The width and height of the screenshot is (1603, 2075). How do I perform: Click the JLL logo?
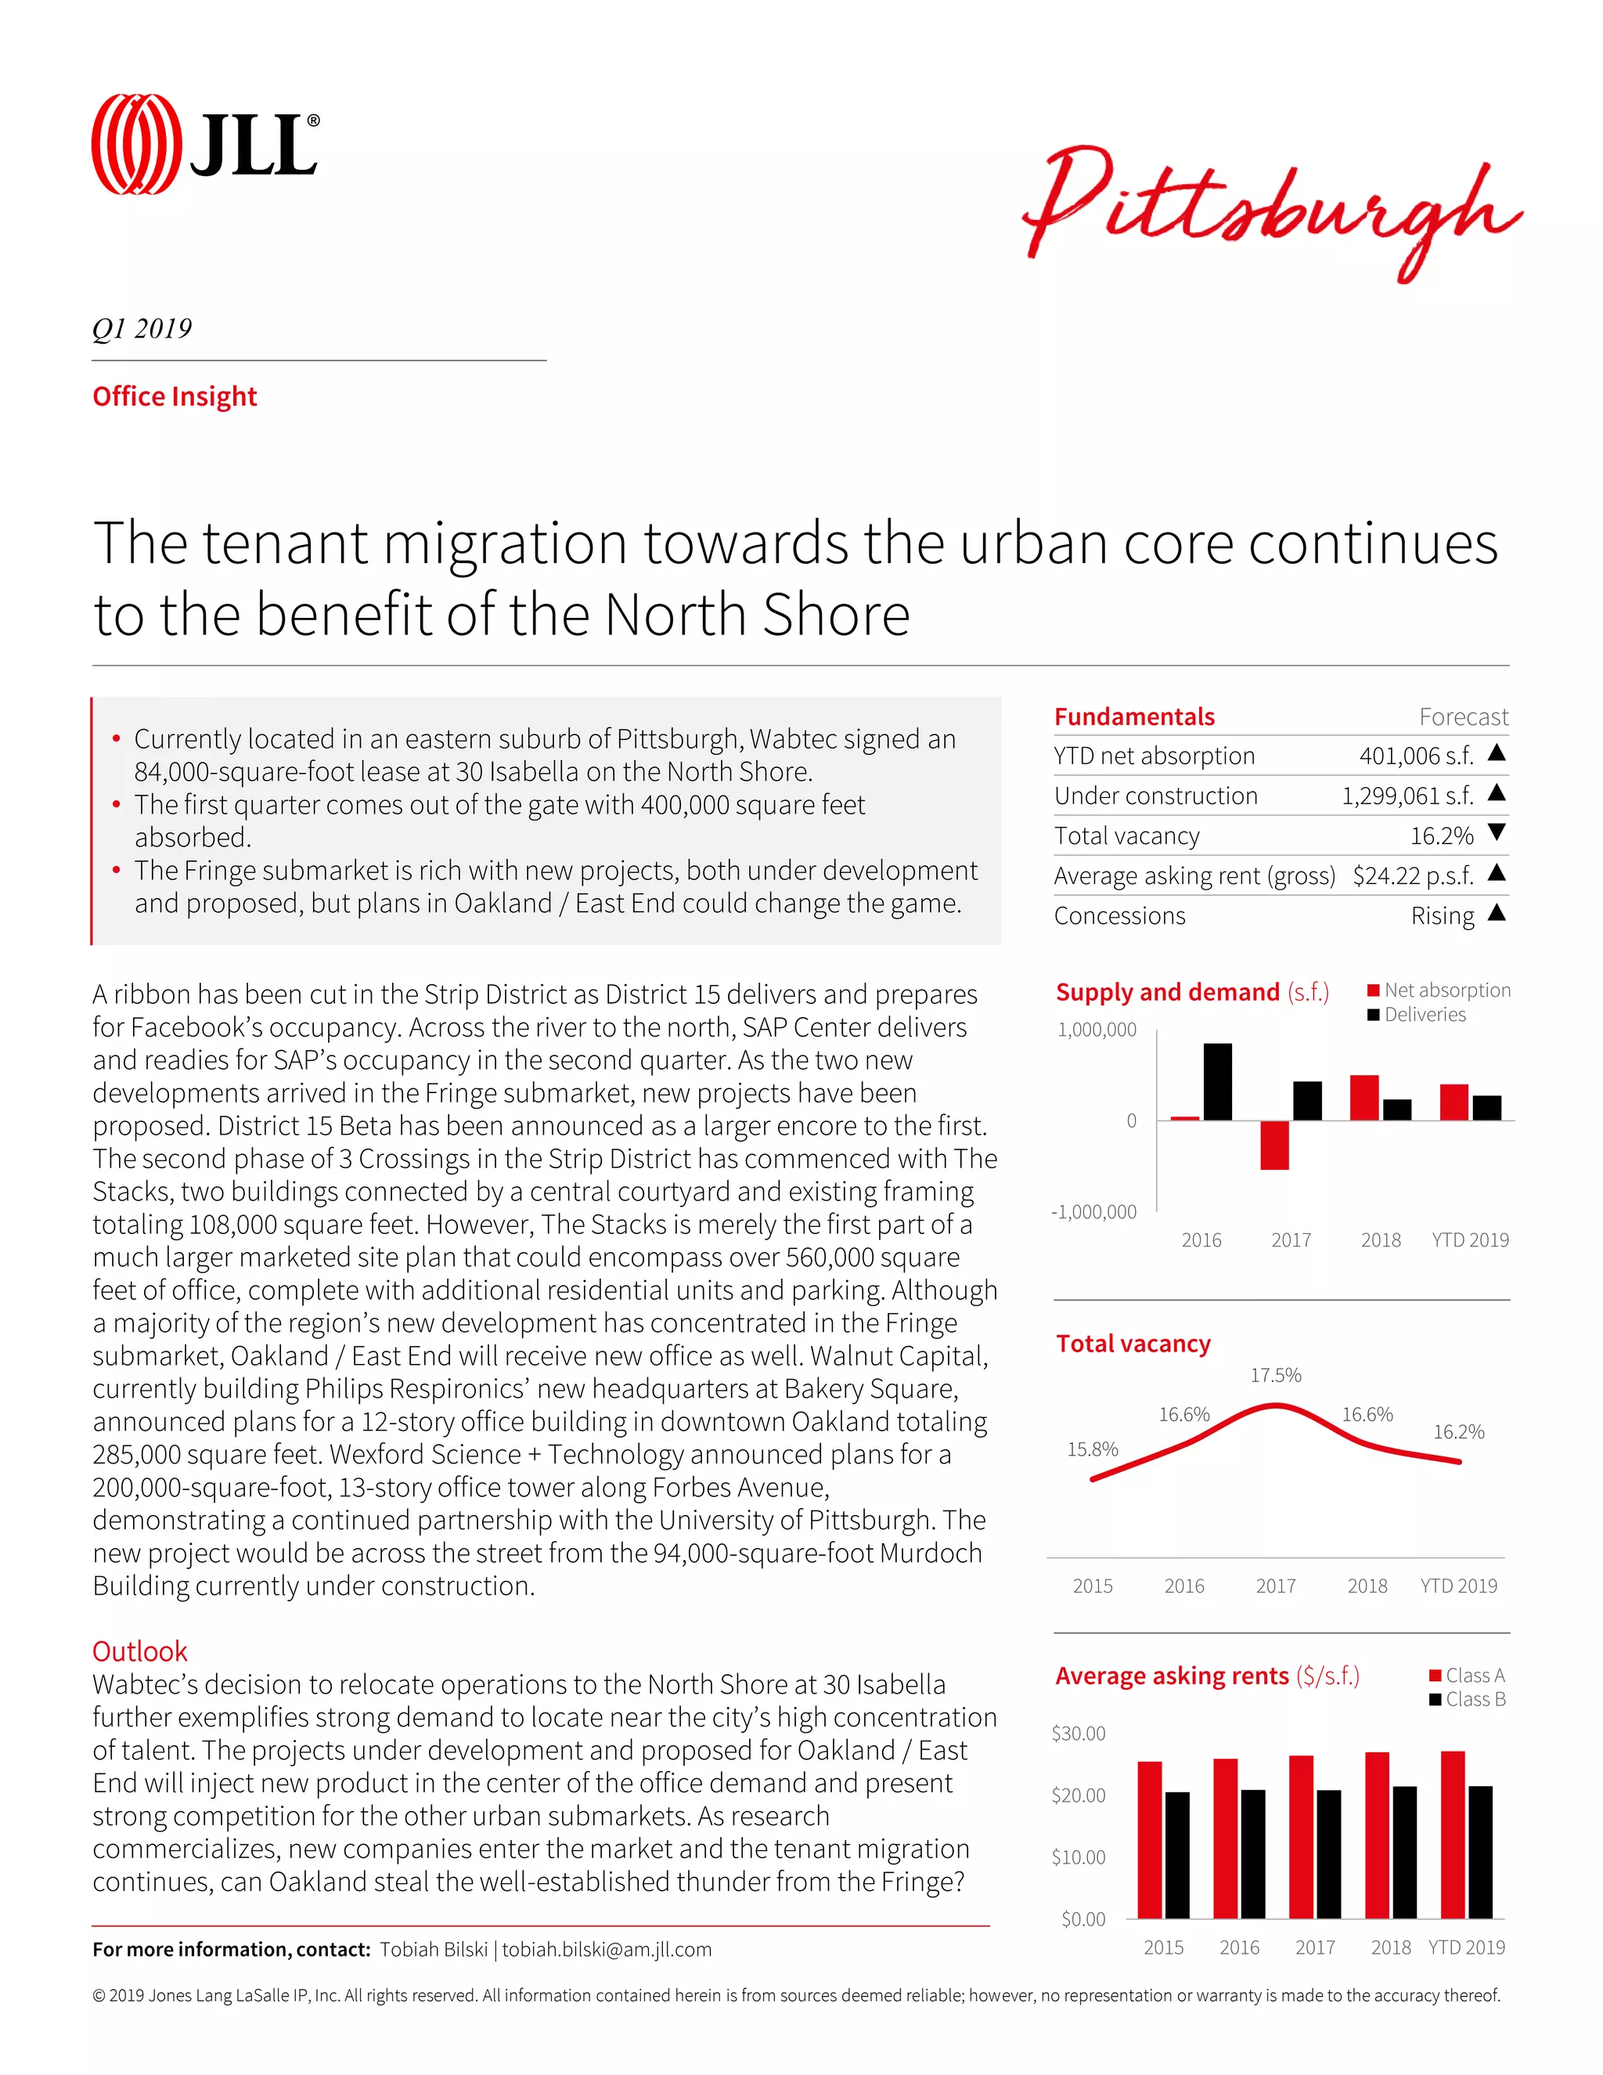point(205,144)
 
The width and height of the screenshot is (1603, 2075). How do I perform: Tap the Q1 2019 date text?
point(142,329)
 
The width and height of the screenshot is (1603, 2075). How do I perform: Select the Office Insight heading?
point(175,396)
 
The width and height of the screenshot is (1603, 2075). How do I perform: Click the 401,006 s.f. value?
point(1415,756)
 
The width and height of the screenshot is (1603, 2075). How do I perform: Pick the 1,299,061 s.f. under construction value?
point(1407,796)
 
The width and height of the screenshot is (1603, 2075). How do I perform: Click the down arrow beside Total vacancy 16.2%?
point(1497,833)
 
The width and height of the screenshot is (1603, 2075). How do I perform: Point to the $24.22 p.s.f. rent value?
point(1412,875)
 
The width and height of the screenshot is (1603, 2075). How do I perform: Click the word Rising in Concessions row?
point(1442,916)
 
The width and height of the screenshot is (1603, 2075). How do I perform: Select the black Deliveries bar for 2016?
point(1217,1081)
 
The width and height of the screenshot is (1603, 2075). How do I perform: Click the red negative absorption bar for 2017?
point(1274,1145)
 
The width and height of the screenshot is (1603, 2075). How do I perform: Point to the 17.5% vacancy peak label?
point(1275,1375)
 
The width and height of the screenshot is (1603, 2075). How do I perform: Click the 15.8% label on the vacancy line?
point(1092,1449)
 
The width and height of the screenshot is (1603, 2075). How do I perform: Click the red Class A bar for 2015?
point(1149,1839)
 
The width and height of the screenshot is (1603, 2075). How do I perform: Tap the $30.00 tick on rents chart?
point(1078,1733)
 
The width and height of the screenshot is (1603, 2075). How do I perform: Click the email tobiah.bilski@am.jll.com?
point(606,1949)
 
